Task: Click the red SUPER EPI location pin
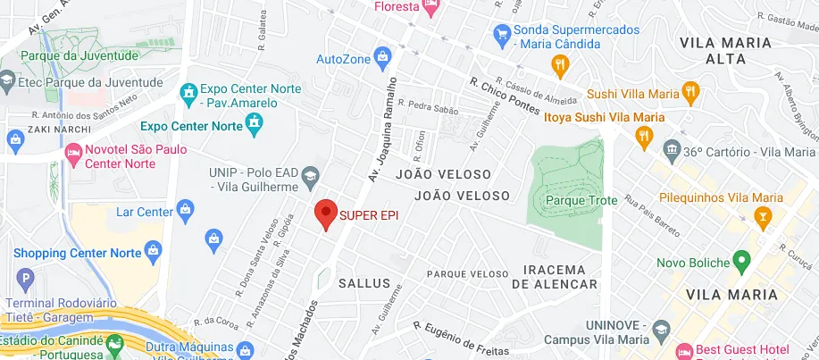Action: (326, 214)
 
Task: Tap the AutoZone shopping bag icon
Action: (383, 59)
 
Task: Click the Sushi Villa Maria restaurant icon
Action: (689, 90)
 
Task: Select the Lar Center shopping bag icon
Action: (187, 212)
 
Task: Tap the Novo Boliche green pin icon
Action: (740, 262)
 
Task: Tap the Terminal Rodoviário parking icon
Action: (23, 279)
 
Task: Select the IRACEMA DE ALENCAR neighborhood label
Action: (555, 277)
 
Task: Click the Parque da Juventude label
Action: (80, 55)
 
